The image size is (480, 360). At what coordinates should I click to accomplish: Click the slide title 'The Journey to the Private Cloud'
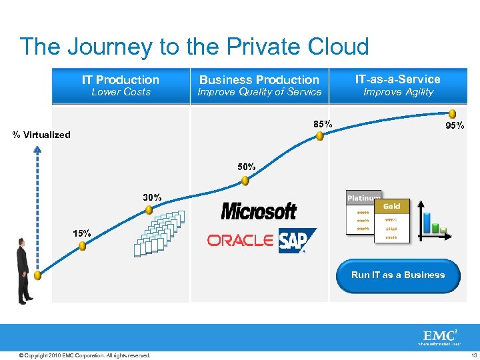194,47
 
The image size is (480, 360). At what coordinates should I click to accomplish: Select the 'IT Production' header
121,79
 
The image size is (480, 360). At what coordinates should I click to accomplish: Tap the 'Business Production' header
259,79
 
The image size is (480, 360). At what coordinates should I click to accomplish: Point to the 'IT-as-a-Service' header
398,79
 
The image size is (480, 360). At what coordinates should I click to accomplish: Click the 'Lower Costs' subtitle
121,92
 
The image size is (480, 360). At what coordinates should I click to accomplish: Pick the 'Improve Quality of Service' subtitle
259,92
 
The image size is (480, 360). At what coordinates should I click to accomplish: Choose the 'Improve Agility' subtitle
398,92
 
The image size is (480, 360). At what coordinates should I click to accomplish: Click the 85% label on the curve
323,123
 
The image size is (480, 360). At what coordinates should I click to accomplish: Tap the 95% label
455,125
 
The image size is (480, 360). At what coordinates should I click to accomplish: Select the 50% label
247,167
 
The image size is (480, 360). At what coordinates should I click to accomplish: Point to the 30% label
152,197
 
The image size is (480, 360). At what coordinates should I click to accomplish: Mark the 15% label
82,233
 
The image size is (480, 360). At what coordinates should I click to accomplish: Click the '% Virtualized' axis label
41,135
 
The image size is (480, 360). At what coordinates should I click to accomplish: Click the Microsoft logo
259,211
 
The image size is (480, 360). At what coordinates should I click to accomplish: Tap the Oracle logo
241,240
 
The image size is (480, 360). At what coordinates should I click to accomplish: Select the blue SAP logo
297,241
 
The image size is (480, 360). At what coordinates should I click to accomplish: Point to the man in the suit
24,270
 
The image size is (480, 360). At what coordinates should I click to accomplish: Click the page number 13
470,355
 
